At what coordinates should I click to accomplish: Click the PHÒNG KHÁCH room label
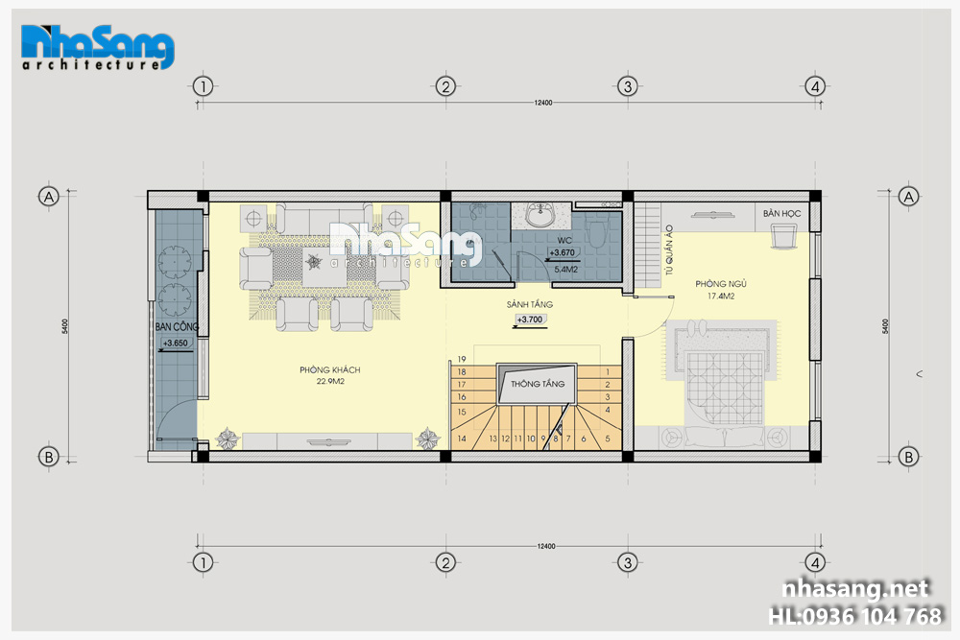[x=330, y=369]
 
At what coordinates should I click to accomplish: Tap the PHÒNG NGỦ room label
[x=721, y=284]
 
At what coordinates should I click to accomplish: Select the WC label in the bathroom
[x=564, y=241]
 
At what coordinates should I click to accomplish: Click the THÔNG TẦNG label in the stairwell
[x=538, y=384]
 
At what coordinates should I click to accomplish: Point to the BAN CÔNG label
[x=177, y=327]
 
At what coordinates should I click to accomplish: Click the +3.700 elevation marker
[x=530, y=320]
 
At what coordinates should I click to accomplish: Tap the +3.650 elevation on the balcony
[x=175, y=344]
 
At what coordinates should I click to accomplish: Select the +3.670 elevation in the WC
[x=562, y=252]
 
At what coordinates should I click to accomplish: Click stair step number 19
[x=462, y=359]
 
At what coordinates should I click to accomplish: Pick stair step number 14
[x=462, y=439]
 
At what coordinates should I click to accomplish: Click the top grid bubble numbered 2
[x=445, y=86]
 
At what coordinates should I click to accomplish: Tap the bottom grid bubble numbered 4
[x=814, y=562]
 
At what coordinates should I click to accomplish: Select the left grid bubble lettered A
[x=48, y=197]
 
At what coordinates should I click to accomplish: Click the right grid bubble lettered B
[x=908, y=457]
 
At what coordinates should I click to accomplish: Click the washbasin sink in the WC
[x=540, y=215]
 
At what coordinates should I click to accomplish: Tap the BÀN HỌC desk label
[x=781, y=214]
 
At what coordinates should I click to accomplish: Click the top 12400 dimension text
[x=543, y=103]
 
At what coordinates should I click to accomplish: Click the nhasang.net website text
[x=855, y=588]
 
